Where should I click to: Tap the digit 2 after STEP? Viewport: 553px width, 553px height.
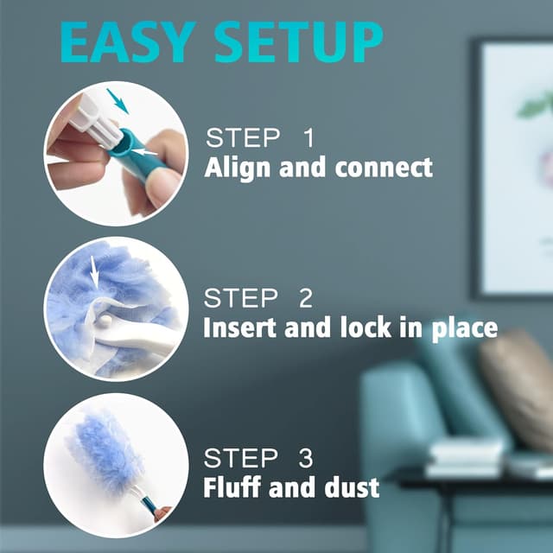[305, 299]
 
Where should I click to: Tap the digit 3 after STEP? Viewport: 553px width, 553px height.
[305, 458]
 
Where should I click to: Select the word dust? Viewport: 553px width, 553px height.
[350, 487]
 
